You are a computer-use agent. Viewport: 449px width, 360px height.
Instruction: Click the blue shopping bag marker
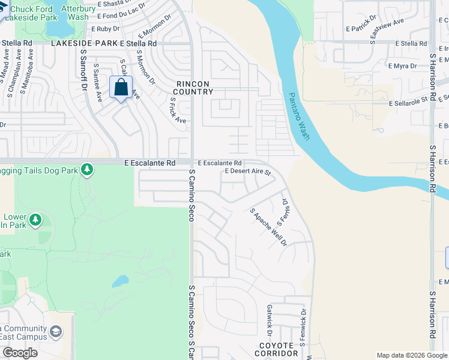[121, 88]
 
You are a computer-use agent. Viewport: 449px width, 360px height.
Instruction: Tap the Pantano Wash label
[299, 116]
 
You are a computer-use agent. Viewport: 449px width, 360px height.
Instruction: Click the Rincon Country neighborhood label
[193, 88]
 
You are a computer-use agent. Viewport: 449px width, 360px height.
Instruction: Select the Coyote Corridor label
[276, 350]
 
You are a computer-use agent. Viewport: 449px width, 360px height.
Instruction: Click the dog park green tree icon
[88, 170]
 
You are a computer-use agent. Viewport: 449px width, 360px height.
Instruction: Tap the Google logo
[20, 353]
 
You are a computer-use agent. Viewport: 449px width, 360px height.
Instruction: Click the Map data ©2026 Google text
[411, 355]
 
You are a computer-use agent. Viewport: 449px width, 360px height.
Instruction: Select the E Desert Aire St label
[248, 172]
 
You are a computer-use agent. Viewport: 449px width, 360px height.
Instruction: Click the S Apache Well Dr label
[268, 227]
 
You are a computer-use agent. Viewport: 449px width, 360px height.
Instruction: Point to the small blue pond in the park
[120, 280]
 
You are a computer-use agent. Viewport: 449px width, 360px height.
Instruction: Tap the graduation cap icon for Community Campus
[56, 332]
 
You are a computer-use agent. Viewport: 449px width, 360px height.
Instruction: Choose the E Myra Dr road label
[402, 65]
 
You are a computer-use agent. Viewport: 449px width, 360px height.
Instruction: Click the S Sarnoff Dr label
[83, 68]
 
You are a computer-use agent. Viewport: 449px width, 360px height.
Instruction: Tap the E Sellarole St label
[411, 103]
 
